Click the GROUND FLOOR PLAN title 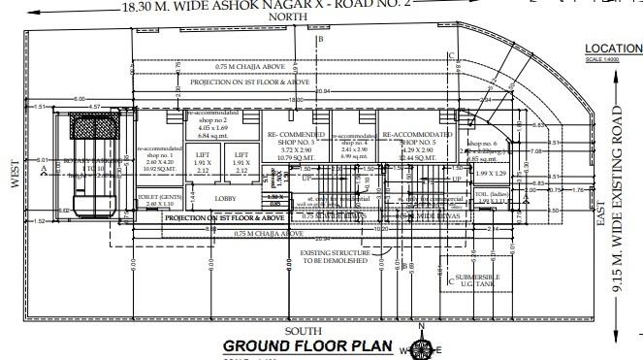click(x=307, y=346)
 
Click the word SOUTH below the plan click(x=300, y=331)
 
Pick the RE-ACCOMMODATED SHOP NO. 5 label click(x=417, y=141)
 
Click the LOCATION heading click(x=613, y=48)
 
